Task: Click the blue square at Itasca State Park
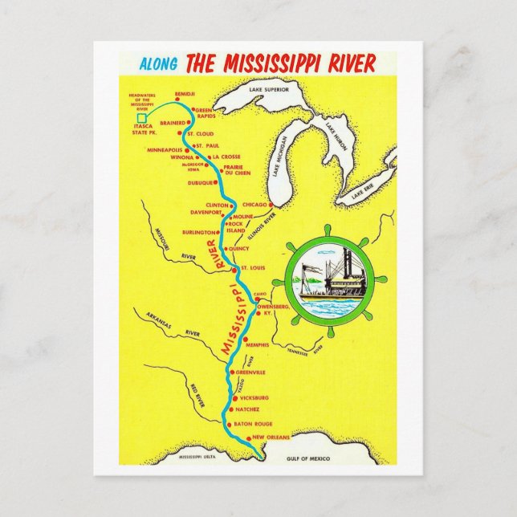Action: (142, 117)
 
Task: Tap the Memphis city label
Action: (258, 344)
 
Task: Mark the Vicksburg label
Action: (254, 398)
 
